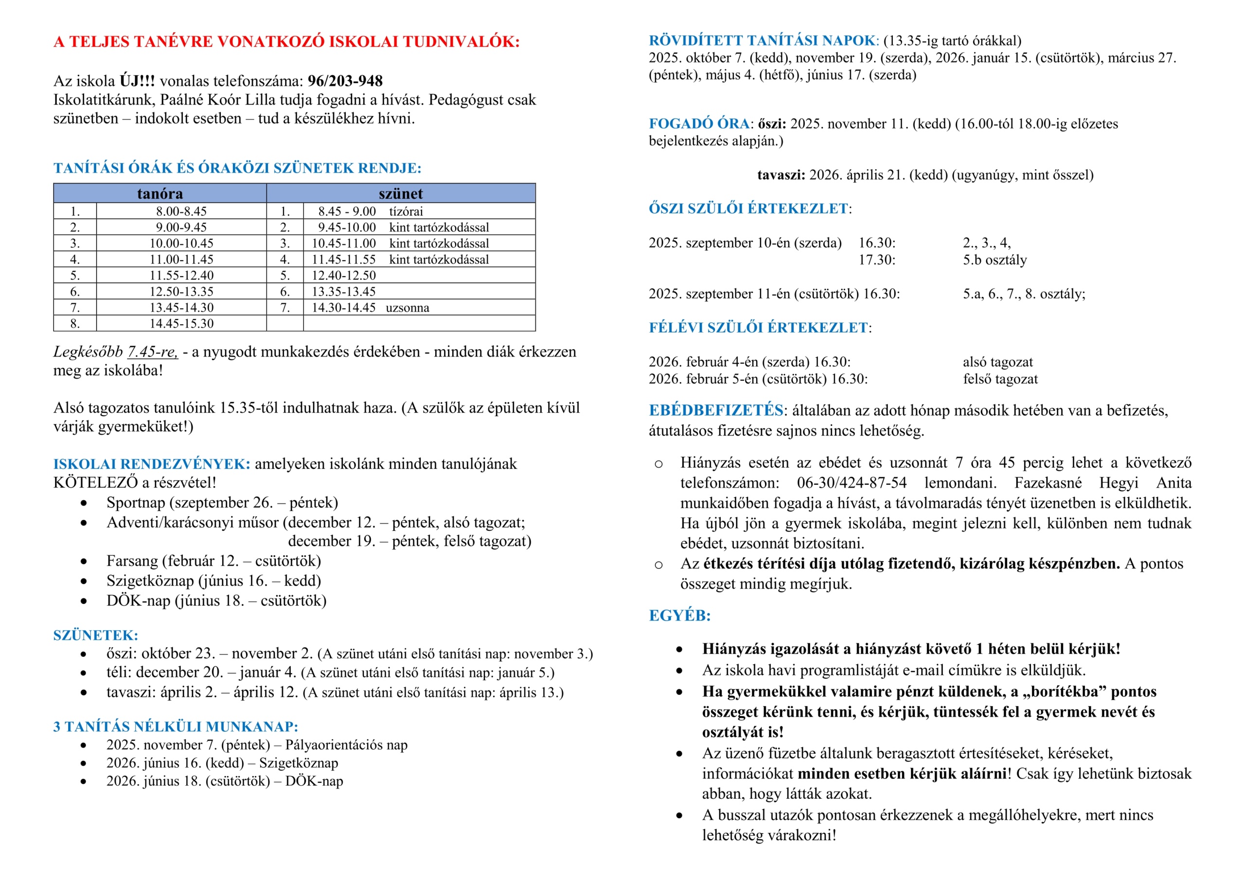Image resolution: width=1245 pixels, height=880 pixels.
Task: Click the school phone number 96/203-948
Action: point(345,81)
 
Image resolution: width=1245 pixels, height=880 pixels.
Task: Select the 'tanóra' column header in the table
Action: point(160,194)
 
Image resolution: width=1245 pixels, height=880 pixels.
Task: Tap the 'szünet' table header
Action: point(400,194)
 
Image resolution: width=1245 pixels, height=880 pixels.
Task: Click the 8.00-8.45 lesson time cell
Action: point(181,211)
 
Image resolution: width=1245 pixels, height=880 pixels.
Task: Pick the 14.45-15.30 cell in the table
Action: point(181,324)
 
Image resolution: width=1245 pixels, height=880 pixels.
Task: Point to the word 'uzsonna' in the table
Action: point(407,308)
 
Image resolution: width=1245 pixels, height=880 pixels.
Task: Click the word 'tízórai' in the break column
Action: point(406,211)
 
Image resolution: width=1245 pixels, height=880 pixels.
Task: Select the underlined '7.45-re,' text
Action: point(152,352)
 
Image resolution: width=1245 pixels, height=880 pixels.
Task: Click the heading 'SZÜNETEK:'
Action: point(95,635)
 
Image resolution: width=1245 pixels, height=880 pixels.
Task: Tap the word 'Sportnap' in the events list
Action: point(136,503)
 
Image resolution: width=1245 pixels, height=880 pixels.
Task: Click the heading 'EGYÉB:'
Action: point(679,616)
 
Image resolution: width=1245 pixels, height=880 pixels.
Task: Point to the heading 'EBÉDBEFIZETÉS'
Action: point(716,410)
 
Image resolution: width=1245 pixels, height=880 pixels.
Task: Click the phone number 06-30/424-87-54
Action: point(852,483)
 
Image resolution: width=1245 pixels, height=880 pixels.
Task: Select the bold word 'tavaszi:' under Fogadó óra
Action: point(781,175)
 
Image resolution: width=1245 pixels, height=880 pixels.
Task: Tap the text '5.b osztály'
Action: point(995,260)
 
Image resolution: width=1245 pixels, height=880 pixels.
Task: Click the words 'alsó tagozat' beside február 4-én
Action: point(998,362)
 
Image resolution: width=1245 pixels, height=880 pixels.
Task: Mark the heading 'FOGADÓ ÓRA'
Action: point(699,123)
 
